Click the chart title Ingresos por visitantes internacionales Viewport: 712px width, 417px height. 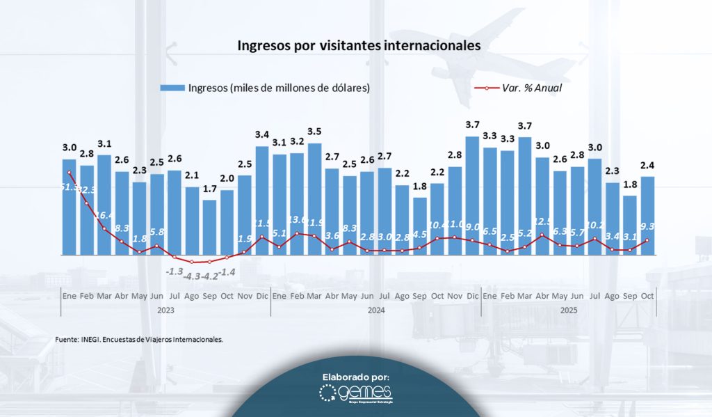tap(359, 47)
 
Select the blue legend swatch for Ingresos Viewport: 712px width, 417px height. tap(172, 88)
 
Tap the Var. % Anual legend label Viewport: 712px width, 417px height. tap(531, 88)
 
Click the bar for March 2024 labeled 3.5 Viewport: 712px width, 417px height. tap(314, 198)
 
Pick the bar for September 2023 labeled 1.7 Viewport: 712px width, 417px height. tap(209, 227)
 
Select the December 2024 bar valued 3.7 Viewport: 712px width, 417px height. tap(472, 195)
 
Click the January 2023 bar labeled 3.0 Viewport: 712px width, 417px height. tap(70, 207)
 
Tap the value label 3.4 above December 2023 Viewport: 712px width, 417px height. tap(262, 134)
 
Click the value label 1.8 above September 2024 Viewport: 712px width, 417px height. tap(419, 186)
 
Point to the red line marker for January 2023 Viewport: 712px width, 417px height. tap(70, 173)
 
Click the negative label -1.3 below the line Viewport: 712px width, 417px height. tap(175, 270)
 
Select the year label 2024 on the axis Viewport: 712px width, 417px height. tap(375, 310)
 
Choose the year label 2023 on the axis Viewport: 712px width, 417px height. tap(165, 310)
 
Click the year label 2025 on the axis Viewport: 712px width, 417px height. tap(568, 310)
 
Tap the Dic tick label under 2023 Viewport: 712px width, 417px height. tap(262, 296)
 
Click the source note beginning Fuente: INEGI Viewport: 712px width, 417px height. tap(139, 339)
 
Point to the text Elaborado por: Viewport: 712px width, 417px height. tap(356, 377)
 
